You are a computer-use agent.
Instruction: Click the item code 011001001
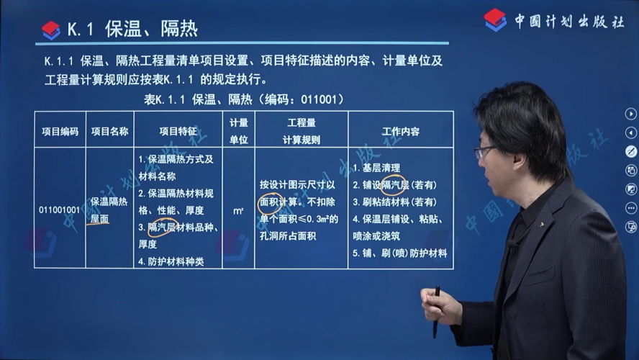point(60,210)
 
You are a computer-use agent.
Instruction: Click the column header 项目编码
point(60,131)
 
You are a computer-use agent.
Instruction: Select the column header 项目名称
point(109,131)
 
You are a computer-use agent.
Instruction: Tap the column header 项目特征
point(178,131)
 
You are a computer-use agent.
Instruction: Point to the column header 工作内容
point(401,131)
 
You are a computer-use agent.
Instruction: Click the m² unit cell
point(238,211)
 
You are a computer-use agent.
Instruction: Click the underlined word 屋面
point(100,219)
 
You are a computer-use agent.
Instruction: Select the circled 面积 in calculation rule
point(269,202)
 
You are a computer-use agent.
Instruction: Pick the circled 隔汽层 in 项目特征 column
point(161,228)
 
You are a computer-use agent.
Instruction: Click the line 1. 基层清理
point(376,168)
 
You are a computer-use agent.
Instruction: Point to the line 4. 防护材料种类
point(171,262)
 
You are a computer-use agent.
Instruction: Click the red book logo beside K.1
point(51,30)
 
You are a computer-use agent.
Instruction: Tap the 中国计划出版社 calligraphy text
point(569,21)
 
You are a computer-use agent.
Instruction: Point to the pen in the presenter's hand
point(436,312)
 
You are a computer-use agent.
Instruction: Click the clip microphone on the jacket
point(512,245)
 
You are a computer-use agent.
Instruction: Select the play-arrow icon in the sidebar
point(630,114)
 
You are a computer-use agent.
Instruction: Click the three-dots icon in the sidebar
point(631,208)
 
